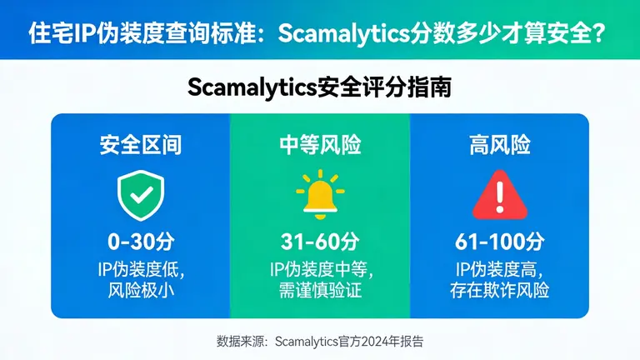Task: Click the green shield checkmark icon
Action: (x=140, y=194)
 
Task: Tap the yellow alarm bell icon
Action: (x=319, y=195)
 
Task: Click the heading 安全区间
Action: (x=140, y=145)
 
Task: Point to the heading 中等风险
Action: (x=320, y=145)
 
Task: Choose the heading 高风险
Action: (x=499, y=145)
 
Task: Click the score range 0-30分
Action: (x=140, y=242)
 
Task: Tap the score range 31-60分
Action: (x=320, y=242)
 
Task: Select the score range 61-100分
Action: (x=499, y=242)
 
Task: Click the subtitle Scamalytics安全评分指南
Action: (x=319, y=87)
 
